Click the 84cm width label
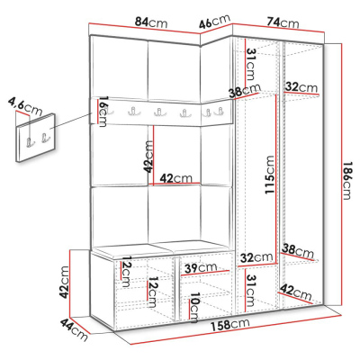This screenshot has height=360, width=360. [151, 22]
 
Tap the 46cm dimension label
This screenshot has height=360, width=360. [215, 22]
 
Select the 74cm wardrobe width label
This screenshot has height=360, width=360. [283, 22]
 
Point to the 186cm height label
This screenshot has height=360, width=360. [346, 181]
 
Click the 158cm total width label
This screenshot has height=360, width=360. [230, 325]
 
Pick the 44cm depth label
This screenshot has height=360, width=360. [75, 330]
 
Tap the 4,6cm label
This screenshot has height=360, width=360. [25, 106]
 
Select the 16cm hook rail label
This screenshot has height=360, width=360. [103, 112]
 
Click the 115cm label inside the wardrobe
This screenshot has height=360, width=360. [269, 175]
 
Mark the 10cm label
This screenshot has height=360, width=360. [193, 308]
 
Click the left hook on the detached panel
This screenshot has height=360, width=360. [30, 142]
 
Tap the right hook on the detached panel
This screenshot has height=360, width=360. [45, 138]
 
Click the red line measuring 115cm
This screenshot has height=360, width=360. [275, 179]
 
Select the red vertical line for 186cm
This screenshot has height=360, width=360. [341, 175]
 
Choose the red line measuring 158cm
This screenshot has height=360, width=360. [236, 329]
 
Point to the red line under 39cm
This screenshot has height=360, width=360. [205, 273]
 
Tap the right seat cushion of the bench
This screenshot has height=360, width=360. [198, 247]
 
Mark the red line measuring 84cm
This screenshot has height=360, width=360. [145, 28]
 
